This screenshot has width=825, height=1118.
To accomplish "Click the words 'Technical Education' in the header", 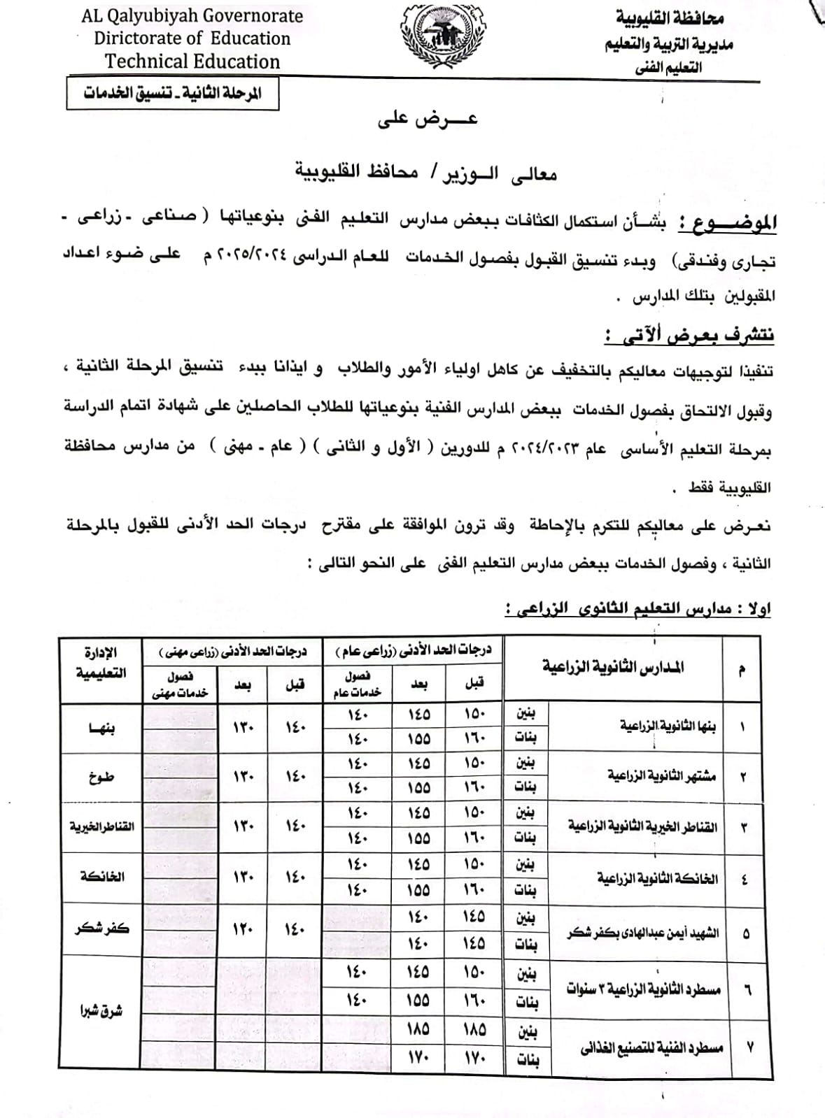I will pos(192,62).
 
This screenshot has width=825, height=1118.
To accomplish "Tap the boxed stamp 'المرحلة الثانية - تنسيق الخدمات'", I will pos(173,94).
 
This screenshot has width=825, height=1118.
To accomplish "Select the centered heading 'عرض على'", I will pos(428,120).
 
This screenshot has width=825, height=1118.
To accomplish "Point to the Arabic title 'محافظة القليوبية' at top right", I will pos(670,17).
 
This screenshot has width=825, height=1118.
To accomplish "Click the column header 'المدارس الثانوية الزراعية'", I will pos(613,667).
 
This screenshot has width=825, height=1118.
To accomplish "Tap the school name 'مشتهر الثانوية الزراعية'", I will pos(661,776).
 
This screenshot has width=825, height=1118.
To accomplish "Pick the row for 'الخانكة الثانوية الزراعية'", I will pos(657,877).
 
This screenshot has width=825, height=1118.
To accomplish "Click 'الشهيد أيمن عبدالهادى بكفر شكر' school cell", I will pos(642,933).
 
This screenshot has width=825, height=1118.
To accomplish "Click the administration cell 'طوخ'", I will pos(102,776).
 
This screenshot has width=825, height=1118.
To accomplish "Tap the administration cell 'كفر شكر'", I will pos(102,929).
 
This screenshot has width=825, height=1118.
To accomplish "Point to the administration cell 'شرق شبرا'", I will pos(102,1010).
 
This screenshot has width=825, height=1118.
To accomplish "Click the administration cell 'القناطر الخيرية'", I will pos(102,826).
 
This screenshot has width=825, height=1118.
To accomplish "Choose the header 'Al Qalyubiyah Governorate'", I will pos(192,16).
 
